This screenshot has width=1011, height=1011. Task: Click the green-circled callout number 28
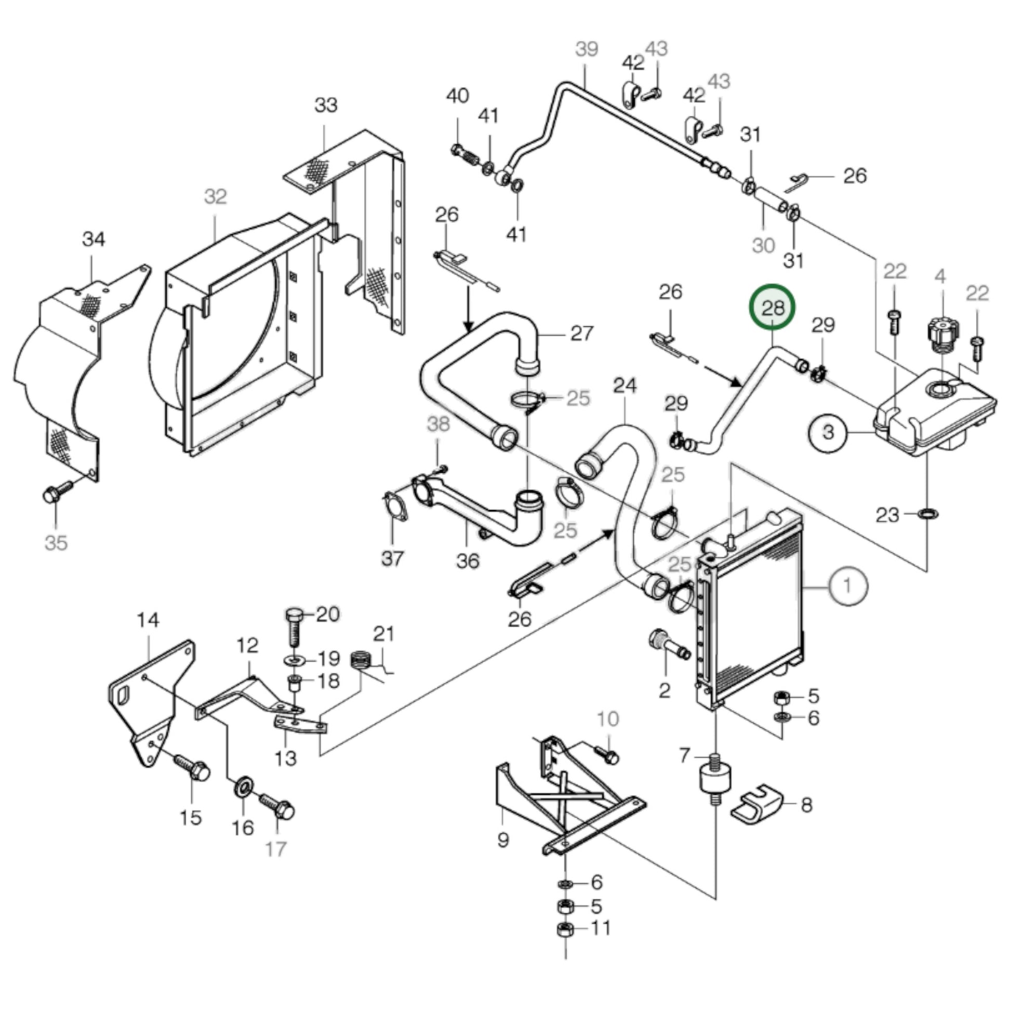(x=773, y=307)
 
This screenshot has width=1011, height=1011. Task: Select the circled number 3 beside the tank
(x=828, y=432)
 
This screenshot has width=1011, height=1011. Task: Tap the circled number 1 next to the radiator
(x=847, y=586)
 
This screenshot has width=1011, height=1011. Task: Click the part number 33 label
(x=326, y=105)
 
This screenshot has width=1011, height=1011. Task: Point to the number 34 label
(x=94, y=239)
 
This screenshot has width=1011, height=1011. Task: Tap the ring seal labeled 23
(x=927, y=514)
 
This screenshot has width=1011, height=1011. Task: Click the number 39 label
(x=586, y=49)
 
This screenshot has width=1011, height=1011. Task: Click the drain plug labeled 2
(x=667, y=643)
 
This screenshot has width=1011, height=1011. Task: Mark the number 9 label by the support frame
(x=502, y=840)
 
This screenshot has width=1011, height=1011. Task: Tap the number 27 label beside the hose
(x=581, y=333)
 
